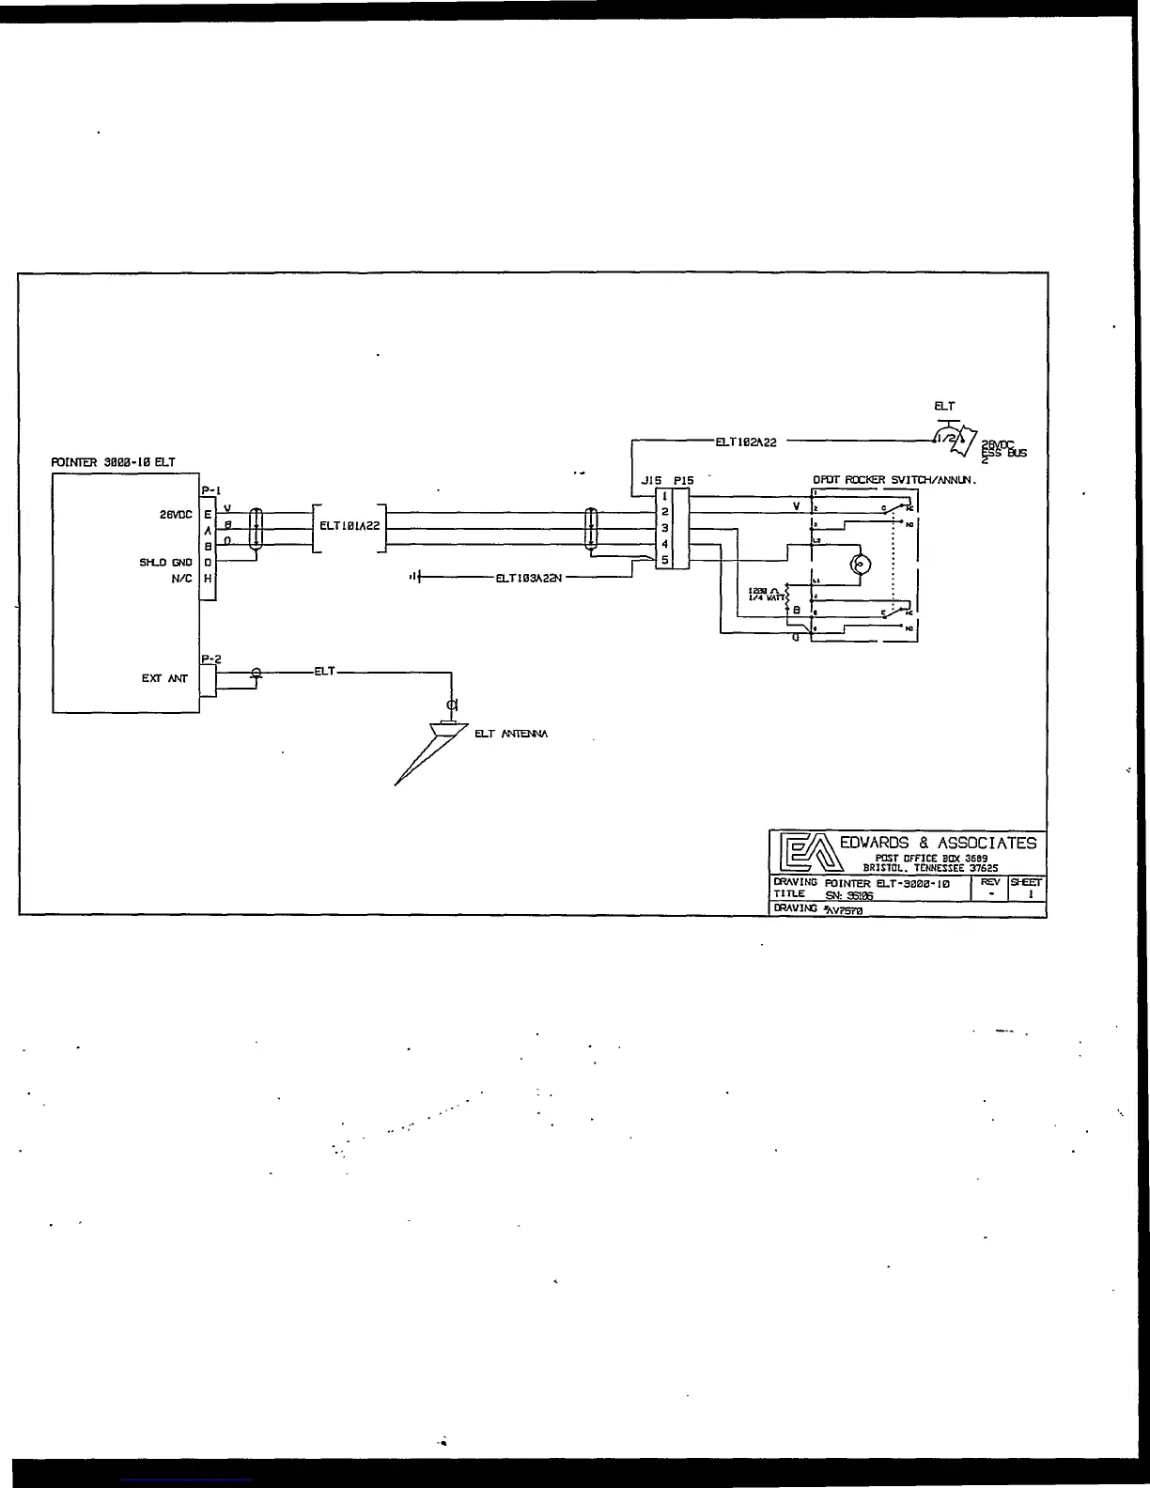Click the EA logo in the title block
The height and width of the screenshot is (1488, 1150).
pyautogui.click(x=803, y=852)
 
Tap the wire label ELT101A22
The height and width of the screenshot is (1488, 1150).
pyautogui.click(x=350, y=526)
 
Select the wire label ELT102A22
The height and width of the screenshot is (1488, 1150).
pyautogui.click(x=746, y=442)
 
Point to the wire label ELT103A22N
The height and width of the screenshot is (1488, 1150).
pyautogui.click(x=528, y=578)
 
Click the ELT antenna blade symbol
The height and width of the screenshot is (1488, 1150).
pyautogui.click(x=428, y=752)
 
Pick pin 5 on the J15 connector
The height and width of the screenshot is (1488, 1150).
pyautogui.click(x=664, y=561)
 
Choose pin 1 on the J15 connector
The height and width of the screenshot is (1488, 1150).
pyautogui.click(x=664, y=496)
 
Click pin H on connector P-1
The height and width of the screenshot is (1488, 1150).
pyautogui.click(x=209, y=579)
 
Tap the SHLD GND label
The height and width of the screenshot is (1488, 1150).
pyautogui.click(x=165, y=563)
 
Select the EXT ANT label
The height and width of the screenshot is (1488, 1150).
pyautogui.click(x=164, y=678)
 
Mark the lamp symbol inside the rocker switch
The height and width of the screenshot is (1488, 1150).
pyautogui.click(x=861, y=565)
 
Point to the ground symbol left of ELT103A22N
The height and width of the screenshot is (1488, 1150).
pyautogui.click(x=415, y=577)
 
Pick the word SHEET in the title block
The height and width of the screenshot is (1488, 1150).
pyautogui.click(x=1026, y=883)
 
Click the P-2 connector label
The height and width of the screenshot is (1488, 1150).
pyautogui.click(x=210, y=659)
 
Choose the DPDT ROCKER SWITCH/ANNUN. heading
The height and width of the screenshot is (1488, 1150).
pyautogui.click(x=894, y=480)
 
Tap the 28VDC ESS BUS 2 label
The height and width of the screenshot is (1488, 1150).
pyautogui.click(x=1002, y=452)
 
